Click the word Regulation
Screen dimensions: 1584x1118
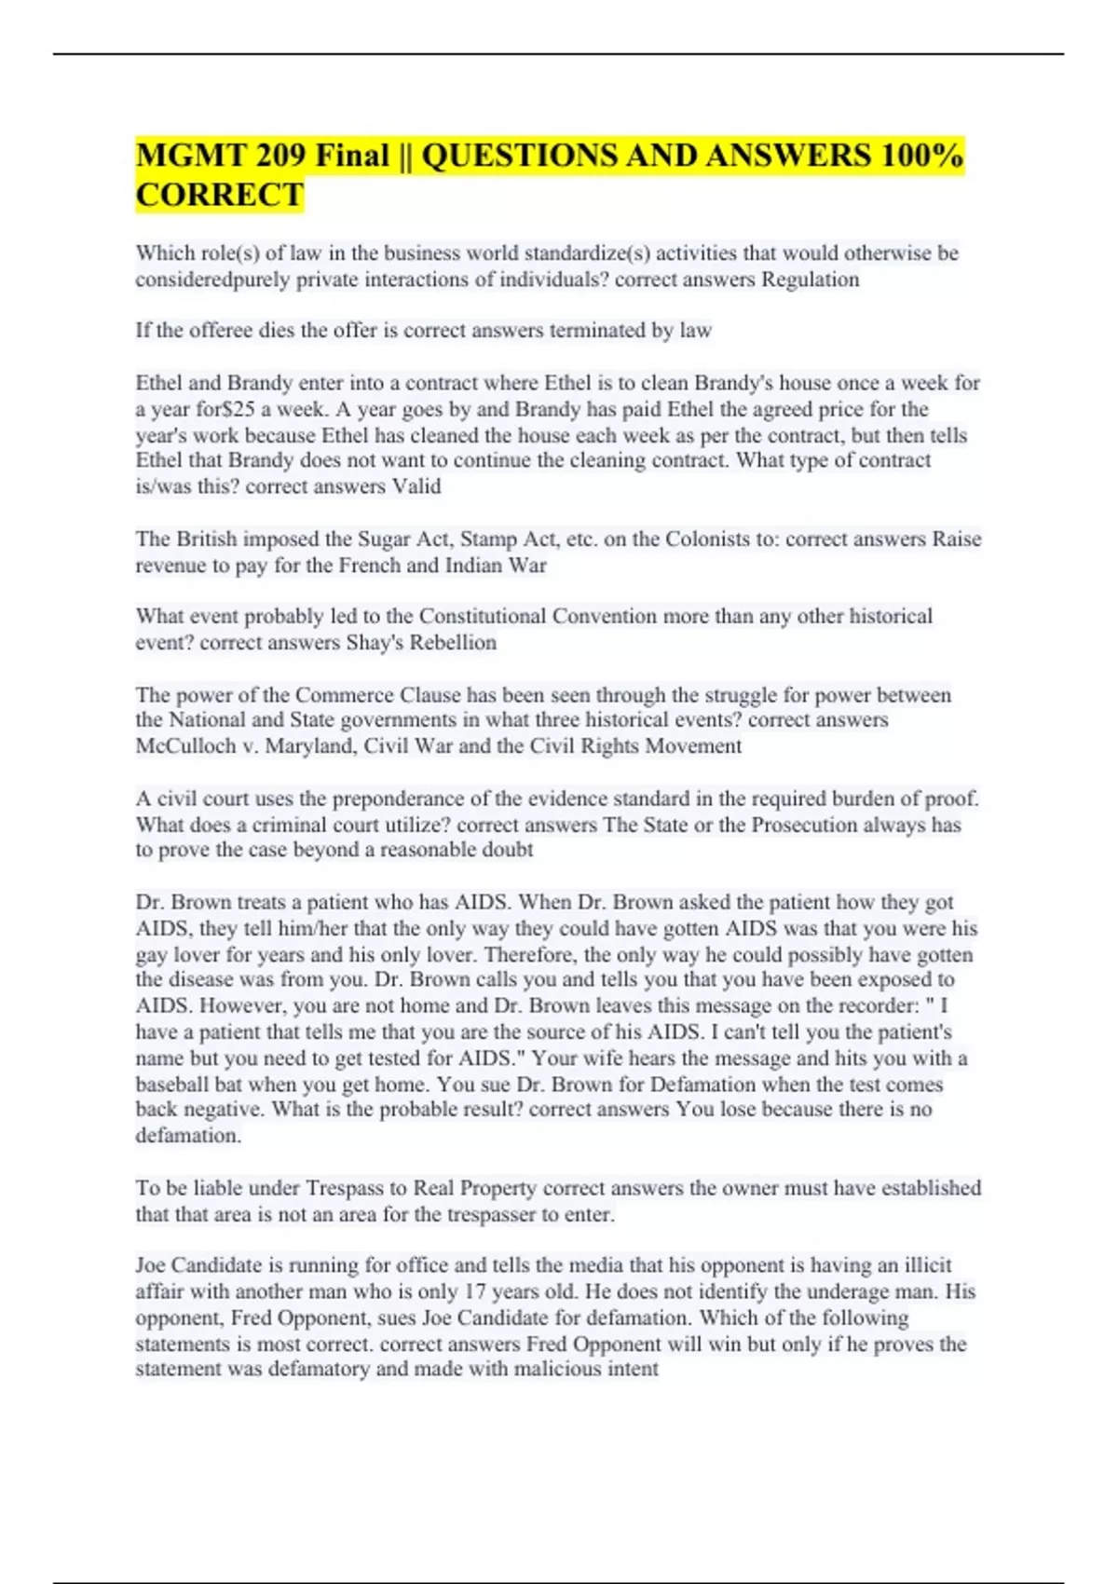(x=810, y=280)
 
